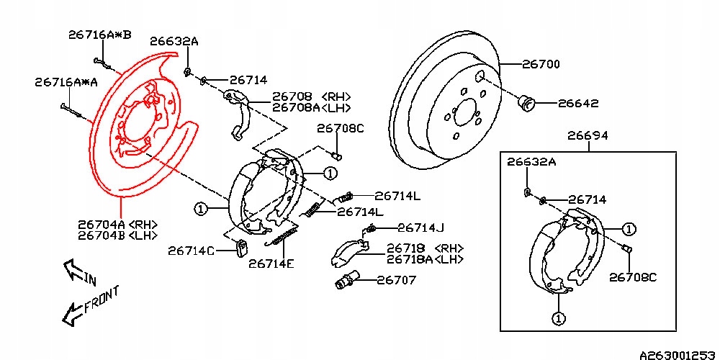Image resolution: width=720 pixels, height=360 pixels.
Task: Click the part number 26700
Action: tap(540, 65)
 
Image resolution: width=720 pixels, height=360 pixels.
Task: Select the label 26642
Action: tap(578, 104)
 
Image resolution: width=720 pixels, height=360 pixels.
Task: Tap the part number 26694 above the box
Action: tap(587, 135)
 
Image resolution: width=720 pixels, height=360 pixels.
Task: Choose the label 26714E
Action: tap(271, 264)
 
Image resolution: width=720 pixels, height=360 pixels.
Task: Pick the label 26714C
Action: tap(191, 251)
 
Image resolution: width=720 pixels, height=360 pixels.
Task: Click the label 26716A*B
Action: tap(100, 34)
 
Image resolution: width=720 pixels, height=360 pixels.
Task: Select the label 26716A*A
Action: tap(66, 83)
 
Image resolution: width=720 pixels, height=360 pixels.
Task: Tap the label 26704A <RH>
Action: tap(118, 224)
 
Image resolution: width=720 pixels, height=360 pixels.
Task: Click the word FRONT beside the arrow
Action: tap(100, 300)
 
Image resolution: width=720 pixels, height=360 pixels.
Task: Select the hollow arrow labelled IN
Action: tap(73, 269)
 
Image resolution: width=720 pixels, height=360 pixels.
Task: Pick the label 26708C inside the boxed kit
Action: tap(633, 276)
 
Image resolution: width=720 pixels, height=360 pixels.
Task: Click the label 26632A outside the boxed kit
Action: tap(174, 42)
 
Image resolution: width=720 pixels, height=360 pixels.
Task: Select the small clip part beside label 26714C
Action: tap(241, 247)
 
